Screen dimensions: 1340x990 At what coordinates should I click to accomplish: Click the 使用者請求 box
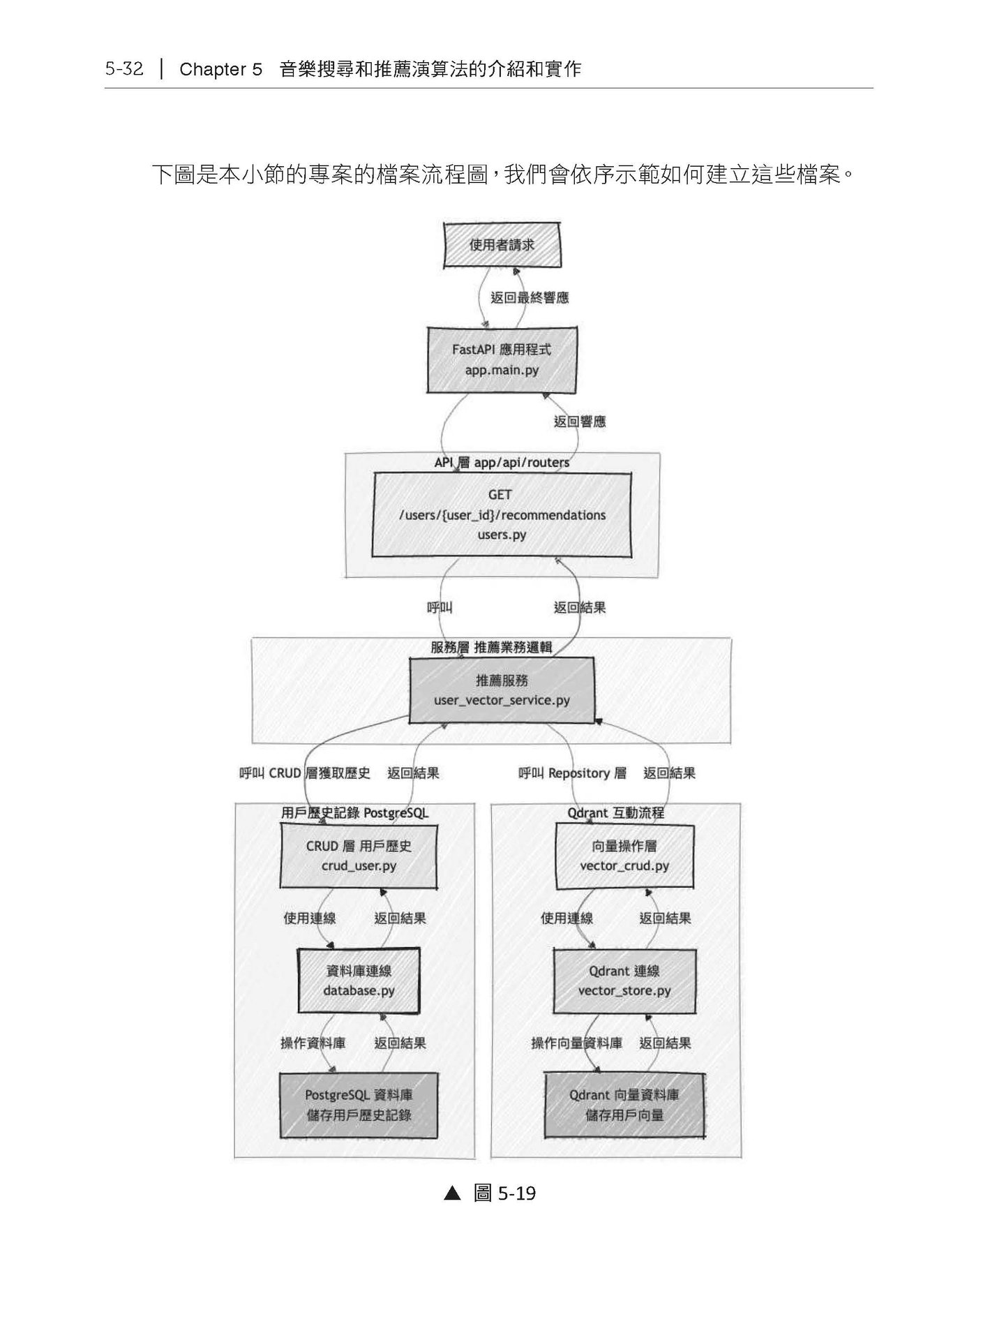coord(502,245)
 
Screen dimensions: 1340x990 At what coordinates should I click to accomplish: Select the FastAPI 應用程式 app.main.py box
coord(502,360)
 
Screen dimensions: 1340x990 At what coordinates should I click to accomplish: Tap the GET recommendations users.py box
coord(502,515)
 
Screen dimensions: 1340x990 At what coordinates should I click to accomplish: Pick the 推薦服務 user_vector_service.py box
coord(502,690)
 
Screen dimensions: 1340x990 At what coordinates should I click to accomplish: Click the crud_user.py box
coord(359,856)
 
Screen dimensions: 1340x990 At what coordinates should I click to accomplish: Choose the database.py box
coord(359,980)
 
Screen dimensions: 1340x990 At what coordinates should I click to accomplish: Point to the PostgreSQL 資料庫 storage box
coord(359,1105)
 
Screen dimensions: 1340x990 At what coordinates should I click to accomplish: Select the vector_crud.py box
coord(624,856)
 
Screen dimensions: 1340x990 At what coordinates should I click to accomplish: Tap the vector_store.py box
coord(624,980)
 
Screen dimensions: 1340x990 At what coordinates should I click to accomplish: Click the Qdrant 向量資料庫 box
coord(624,1105)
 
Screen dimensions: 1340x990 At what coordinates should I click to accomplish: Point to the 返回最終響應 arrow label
coord(530,298)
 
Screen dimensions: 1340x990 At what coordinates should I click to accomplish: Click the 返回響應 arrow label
coord(580,422)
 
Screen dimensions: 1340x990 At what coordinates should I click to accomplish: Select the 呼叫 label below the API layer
coord(440,608)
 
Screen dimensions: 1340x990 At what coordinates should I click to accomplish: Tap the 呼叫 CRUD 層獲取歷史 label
coord(305,773)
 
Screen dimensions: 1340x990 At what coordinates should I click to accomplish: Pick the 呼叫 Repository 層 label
coord(572,773)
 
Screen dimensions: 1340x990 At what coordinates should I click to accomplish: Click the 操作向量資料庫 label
coord(576,1043)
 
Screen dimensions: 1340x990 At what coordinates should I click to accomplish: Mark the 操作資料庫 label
coord(313,1043)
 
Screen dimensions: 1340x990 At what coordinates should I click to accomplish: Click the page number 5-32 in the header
coord(124,69)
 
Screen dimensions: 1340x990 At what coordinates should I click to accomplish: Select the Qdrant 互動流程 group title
coord(615,813)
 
